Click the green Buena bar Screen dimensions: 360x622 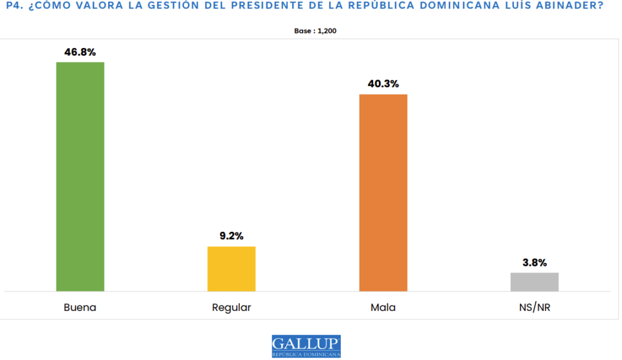(x=80, y=176)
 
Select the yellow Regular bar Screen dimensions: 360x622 (x=231, y=268)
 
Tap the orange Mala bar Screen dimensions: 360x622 (x=383, y=192)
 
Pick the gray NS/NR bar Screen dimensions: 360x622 (x=535, y=282)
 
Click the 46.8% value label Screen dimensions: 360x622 (x=80, y=52)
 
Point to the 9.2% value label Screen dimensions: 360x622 (x=231, y=236)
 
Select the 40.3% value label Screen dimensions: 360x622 (x=383, y=84)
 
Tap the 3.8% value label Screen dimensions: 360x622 (x=535, y=263)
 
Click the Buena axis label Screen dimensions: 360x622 (x=80, y=307)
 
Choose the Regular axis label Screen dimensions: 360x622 (x=231, y=307)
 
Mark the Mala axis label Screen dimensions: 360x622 (x=383, y=307)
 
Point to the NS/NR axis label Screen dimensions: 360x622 (x=535, y=307)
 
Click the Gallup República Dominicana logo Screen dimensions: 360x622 (x=306, y=346)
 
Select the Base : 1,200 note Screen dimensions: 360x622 (x=311, y=30)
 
